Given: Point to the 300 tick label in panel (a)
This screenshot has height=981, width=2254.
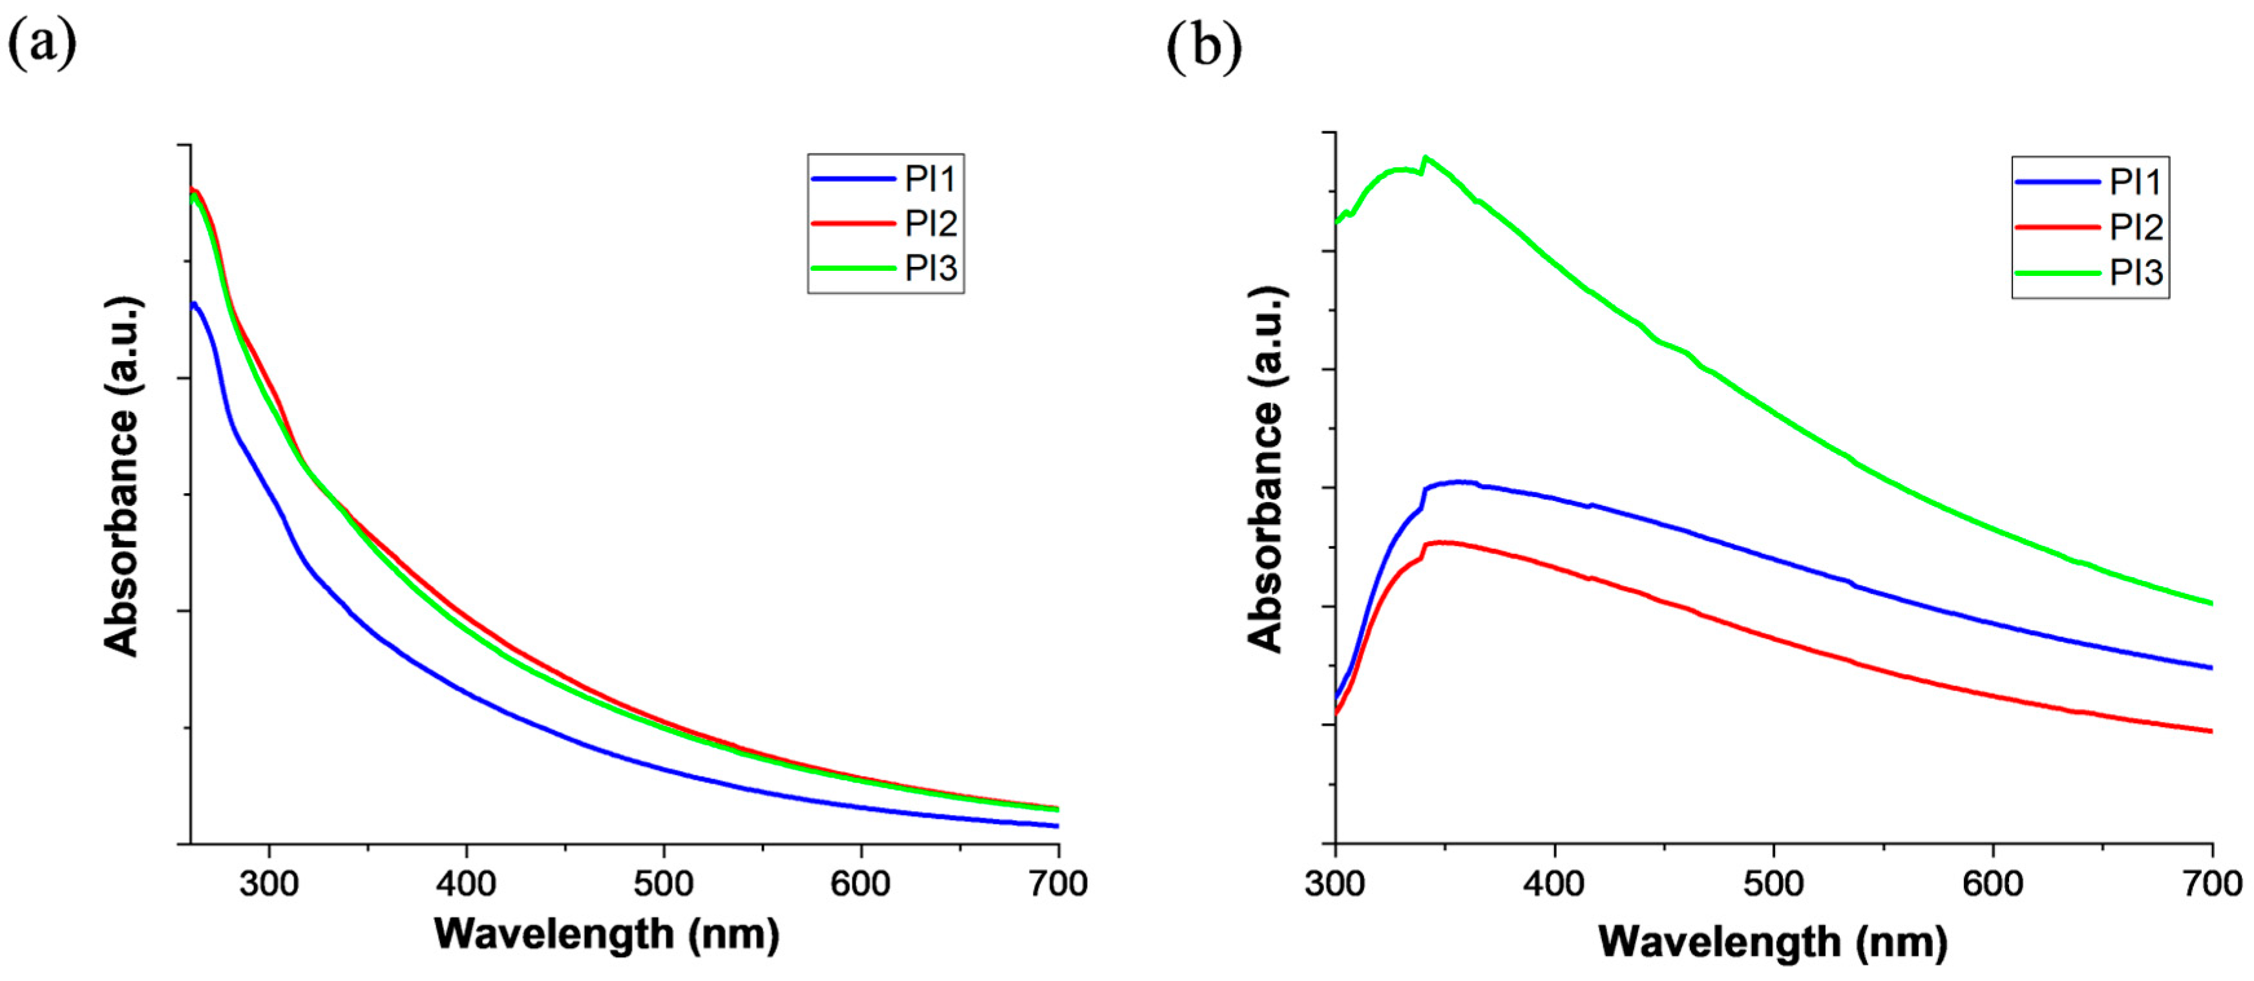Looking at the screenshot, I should point(269,884).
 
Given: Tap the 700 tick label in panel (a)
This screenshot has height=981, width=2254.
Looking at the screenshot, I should point(1058,884).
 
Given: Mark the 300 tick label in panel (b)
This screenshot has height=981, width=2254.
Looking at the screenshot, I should point(1334,884).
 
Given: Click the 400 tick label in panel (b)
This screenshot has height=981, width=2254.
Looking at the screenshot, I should point(1554,884).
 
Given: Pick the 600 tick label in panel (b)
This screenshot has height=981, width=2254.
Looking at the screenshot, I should point(1992,884).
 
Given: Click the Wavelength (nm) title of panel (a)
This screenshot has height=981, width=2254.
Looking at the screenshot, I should point(606,934).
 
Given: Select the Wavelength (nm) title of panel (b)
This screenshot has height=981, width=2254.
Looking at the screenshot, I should point(1773,942).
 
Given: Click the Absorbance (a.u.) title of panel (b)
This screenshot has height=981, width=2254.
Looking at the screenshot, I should point(1265,470).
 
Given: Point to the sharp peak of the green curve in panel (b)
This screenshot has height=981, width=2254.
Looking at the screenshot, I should point(1426,158).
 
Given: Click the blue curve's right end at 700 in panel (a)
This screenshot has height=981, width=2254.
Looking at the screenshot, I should point(1057,825).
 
